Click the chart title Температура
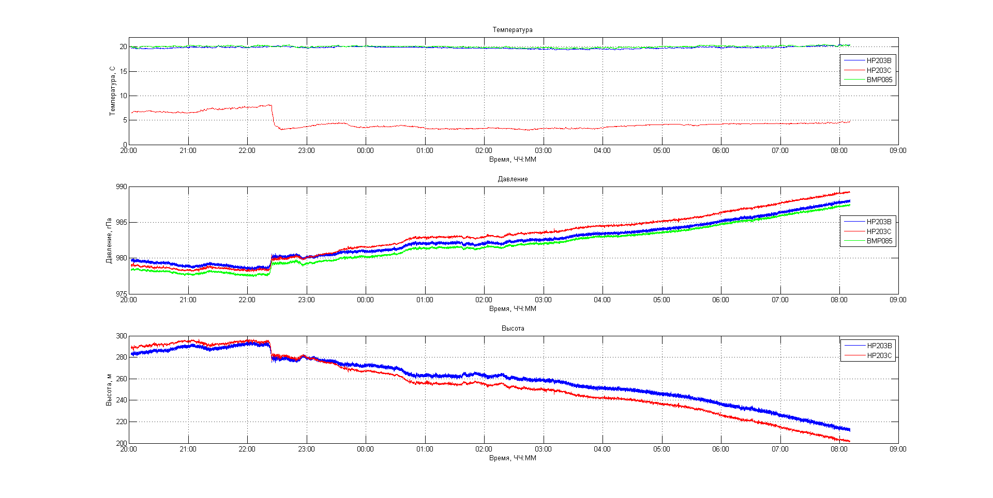pos(512,30)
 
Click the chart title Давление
pos(513,179)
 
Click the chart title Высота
pos(513,329)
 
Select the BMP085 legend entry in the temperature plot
pos(879,80)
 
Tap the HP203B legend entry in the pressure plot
pos(879,222)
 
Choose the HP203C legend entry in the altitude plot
pos(879,355)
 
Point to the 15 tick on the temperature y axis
pos(123,71)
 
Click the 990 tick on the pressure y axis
pos(121,187)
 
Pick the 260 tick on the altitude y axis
pos(121,379)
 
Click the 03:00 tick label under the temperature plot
pos(543,151)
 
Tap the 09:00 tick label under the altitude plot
pos(898,449)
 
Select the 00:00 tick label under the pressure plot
pos(365,300)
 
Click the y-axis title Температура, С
pos(112,91)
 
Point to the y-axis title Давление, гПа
pos(109,240)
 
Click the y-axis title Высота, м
pos(109,390)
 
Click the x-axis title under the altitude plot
pos(513,458)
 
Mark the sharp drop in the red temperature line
pos(273,116)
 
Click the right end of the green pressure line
pos(849,205)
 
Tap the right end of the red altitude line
pos(849,441)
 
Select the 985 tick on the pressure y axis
pos(121,223)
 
